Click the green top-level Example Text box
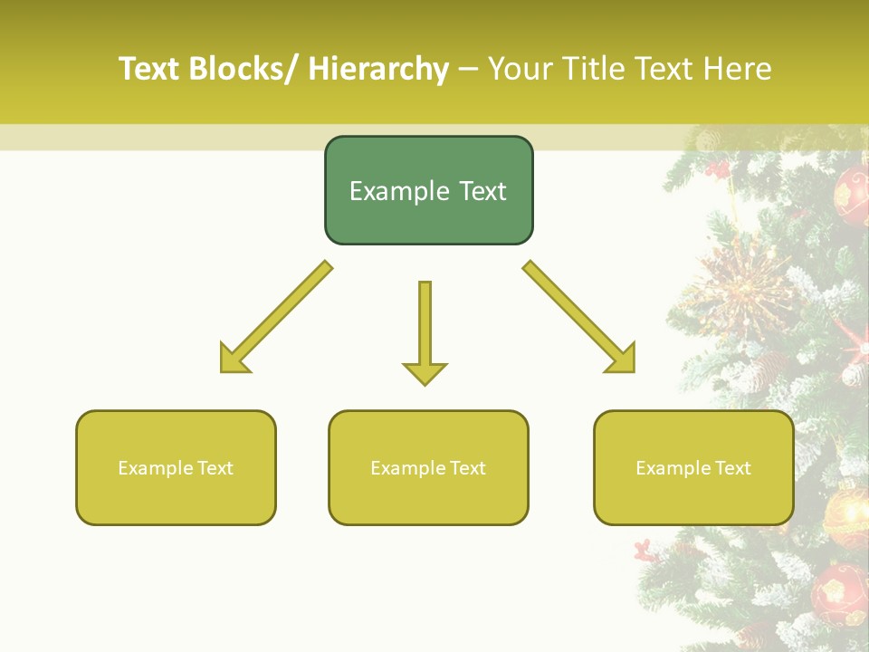428,190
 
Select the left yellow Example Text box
176,467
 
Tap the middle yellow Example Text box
428,467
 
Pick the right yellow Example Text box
693,467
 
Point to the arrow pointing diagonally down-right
580,319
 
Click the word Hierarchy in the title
378,69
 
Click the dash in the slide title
468,69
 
